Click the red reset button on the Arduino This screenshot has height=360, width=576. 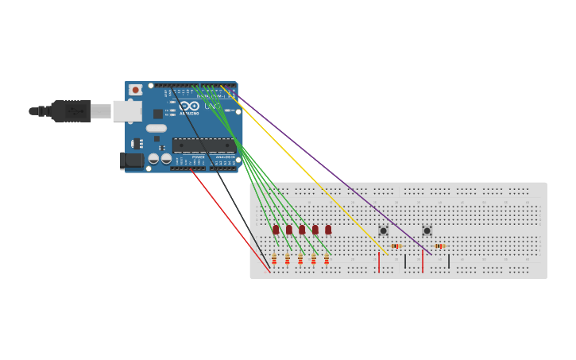135,90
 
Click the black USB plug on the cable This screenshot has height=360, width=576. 72,111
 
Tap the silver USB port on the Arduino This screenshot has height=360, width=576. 126,110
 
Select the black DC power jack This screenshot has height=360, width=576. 132,161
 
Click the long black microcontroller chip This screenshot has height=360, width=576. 203,145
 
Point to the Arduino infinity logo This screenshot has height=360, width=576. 189,106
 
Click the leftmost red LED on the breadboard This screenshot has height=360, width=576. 276,230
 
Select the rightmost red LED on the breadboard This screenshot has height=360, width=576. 328,230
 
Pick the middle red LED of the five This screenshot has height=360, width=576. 302,230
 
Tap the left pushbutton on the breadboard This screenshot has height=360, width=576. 383,230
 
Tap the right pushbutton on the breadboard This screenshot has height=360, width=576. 427,230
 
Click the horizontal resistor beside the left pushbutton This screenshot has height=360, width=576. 396,246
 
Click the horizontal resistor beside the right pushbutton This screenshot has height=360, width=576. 439,246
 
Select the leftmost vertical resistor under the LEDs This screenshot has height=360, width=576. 274,259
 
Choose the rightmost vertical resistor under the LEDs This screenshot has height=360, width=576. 326,259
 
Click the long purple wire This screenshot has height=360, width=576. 334,175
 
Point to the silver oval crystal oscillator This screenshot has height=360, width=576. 157,128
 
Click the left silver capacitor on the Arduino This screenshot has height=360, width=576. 153,158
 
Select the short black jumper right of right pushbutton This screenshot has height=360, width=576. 449,261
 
